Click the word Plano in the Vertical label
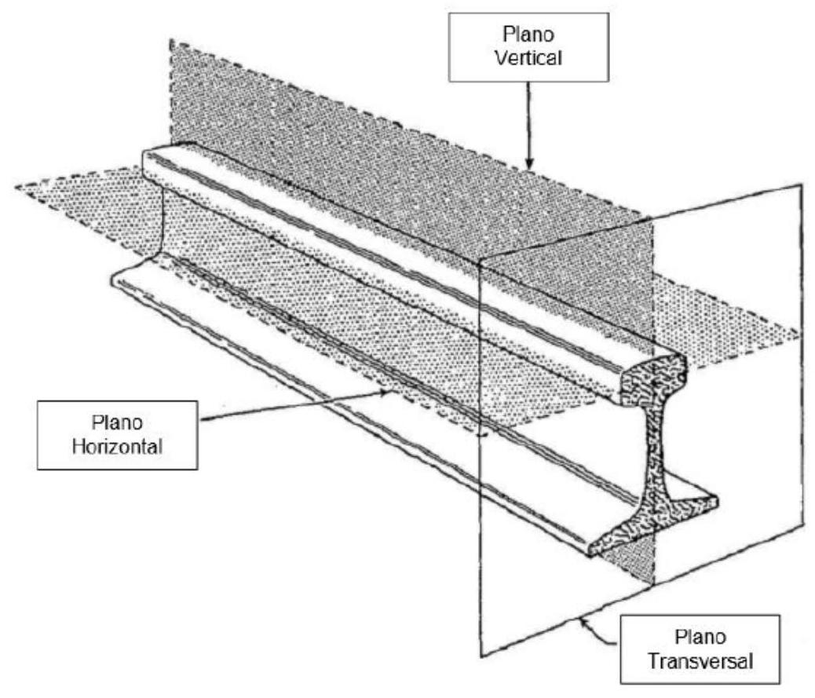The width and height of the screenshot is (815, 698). [x=528, y=35]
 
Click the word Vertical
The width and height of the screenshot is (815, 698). [x=528, y=57]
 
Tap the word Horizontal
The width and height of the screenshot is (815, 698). [x=118, y=447]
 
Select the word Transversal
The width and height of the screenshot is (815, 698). [x=700, y=662]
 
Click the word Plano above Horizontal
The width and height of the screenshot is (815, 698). [x=118, y=422]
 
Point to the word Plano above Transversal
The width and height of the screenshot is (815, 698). [x=700, y=638]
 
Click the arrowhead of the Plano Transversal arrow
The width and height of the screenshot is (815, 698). [x=585, y=622]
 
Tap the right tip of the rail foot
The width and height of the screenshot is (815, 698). [x=718, y=501]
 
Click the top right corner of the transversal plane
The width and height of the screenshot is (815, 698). [x=802, y=184]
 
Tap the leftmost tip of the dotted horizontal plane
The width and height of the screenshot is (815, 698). [x=16, y=186]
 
